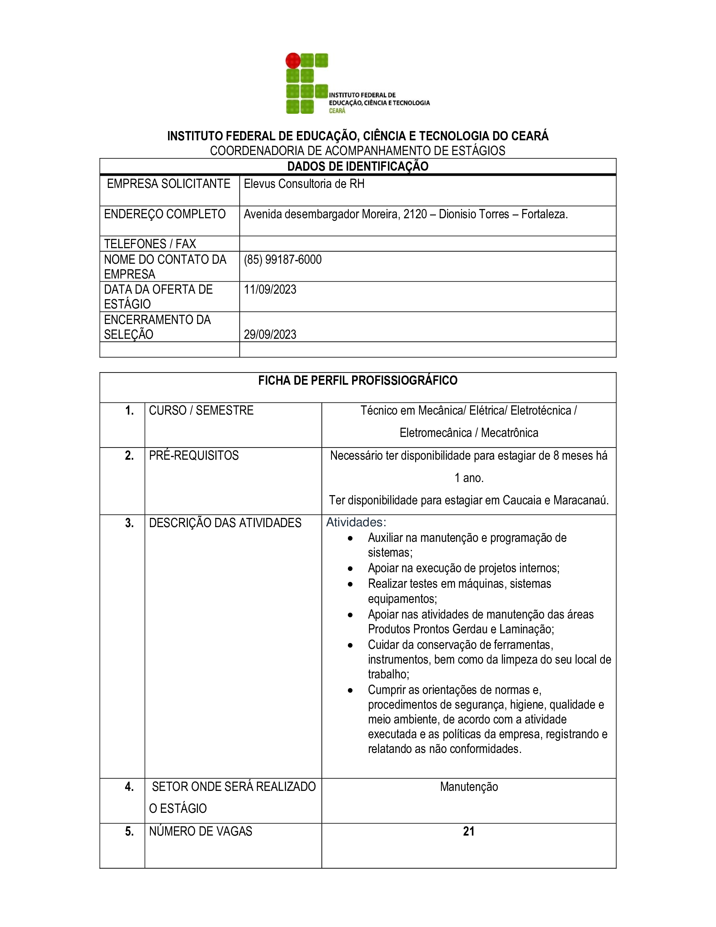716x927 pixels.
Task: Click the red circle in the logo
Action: tap(293, 61)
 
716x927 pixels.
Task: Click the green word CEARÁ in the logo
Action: tap(337, 111)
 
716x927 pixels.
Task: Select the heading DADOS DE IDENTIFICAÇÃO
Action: tap(358, 166)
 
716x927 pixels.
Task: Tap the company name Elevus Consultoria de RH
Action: tap(304, 184)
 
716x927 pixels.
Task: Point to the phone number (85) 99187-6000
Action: tap(283, 259)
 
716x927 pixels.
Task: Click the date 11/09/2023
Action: tap(270, 289)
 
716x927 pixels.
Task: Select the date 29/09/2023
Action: tap(270, 335)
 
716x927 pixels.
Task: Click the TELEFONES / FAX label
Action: tap(150, 244)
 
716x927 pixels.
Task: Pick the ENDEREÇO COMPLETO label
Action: tap(165, 214)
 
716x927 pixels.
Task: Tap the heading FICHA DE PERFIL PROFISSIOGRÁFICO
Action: tap(358, 380)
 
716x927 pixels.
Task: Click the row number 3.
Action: tap(129, 523)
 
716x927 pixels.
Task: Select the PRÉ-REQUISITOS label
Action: tap(193, 455)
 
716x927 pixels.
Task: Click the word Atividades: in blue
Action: tap(356, 522)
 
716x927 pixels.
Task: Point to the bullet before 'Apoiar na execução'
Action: tap(350, 568)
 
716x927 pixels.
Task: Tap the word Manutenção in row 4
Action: tap(469, 787)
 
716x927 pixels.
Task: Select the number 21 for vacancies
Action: tap(469, 831)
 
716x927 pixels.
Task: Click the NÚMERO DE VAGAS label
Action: tap(200, 831)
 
